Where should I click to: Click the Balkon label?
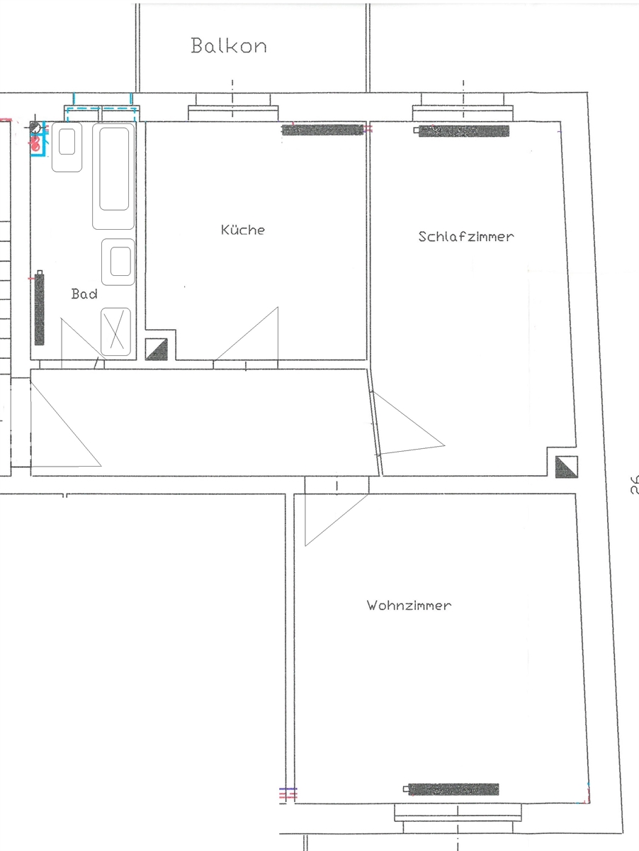[x=229, y=46]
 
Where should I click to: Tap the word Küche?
[x=243, y=230]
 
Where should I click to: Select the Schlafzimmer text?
[x=466, y=236]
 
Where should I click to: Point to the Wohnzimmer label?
[x=409, y=605]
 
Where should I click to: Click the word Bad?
[x=84, y=294]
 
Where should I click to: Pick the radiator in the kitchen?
[x=322, y=130]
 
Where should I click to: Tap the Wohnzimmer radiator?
[x=451, y=789]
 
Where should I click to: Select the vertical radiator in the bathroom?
[x=39, y=308]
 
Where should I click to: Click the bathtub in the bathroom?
[x=113, y=176]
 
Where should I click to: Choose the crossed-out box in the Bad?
[x=115, y=331]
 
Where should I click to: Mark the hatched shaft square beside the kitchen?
[x=157, y=350]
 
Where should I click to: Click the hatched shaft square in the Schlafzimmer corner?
[x=567, y=467]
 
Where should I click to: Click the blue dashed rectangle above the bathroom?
[x=101, y=113]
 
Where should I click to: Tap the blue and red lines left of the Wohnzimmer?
[x=288, y=794]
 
